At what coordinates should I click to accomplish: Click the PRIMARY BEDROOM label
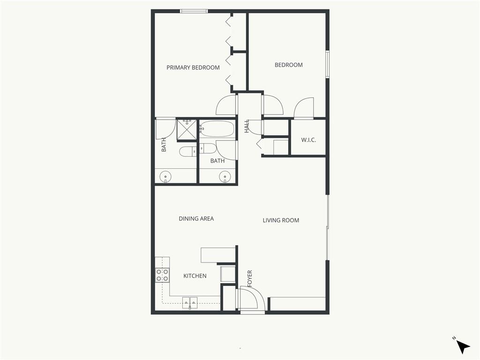click(193, 67)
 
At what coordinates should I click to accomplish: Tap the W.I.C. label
click(308, 140)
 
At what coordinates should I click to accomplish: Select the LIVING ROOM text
click(281, 220)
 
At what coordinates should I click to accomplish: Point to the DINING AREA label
click(196, 218)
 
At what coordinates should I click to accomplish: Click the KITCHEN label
click(195, 276)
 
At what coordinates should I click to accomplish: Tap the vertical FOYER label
click(250, 278)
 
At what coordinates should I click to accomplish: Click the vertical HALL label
click(247, 126)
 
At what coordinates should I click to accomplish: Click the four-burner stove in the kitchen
click(162, 275)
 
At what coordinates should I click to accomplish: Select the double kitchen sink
click(190, 302)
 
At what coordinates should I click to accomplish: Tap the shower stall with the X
click(187, 129)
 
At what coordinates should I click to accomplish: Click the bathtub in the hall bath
click(217, 129)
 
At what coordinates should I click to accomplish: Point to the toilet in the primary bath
click(188, 151)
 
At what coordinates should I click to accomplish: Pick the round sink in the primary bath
click(165, 177)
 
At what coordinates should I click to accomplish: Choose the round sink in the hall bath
click(225, 177)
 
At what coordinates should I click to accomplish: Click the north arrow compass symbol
click(463, 346)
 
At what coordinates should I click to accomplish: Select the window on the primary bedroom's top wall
click(194, 11)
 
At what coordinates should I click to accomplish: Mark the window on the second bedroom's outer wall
click(328, 64)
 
